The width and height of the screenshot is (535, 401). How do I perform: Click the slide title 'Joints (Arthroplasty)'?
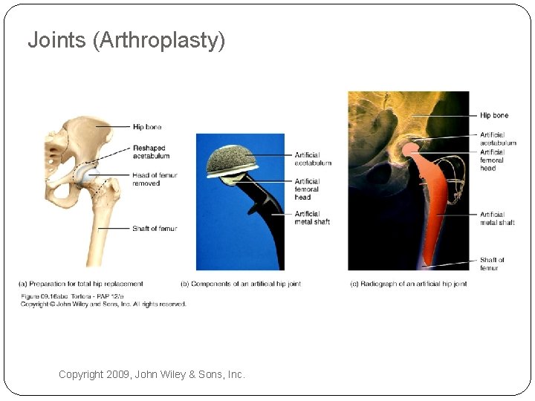(126, 40)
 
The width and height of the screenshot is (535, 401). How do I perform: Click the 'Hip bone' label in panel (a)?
(147, 128)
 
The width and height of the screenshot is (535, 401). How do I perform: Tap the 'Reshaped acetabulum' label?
(151, 152)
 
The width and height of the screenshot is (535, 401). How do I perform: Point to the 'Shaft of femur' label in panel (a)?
(155, 229)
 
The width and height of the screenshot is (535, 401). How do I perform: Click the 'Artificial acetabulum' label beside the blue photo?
(313, 159)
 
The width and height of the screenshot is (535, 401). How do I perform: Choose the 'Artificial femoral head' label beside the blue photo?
(308, 189)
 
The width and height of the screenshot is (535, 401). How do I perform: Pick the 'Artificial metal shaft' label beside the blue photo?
(312, 218)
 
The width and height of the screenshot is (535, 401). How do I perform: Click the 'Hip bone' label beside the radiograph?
(494, 116)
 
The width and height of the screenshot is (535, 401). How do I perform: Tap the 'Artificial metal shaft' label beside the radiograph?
(497, 218)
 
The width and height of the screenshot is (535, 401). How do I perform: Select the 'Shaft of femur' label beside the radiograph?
(491, 264)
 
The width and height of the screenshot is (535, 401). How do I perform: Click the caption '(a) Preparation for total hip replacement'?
(81, 284)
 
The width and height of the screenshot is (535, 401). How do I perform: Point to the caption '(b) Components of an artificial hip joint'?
(241, 284)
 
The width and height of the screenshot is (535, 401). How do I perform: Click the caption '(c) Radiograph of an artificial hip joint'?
(408, 284)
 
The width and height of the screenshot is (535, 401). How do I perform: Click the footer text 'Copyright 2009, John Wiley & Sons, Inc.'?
(152, 375)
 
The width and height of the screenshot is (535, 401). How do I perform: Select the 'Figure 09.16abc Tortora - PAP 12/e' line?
(68, 297)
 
